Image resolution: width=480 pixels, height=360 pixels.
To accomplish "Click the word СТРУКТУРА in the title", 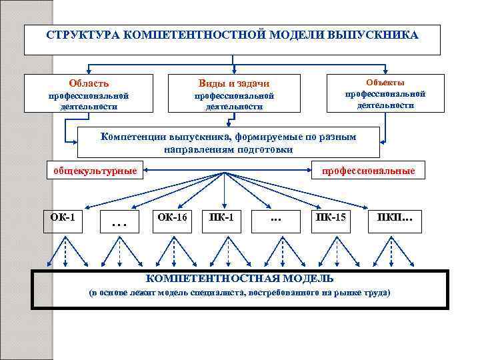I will coord(79,35).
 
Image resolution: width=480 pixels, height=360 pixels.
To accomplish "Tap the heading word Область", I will coord(89,83).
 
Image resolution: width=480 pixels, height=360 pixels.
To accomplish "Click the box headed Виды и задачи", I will coord(234,93).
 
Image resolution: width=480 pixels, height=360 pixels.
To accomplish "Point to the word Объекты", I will coord(385,81).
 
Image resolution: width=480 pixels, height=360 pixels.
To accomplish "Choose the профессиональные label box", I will coord(368,171).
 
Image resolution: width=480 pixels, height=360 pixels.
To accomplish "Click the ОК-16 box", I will coord(172,219).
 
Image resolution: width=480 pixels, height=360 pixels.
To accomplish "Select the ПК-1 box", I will coord(221,219).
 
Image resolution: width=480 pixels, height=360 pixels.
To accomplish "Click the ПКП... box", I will coord(395,219).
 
